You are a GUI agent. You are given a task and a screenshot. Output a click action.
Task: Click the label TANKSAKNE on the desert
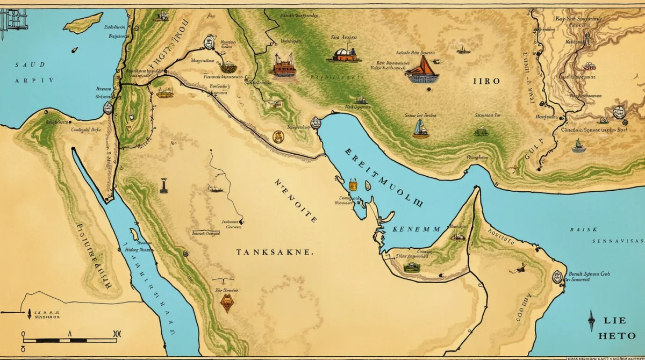273,252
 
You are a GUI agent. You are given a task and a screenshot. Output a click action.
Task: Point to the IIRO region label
486,81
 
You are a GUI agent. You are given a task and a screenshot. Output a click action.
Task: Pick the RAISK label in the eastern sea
583,229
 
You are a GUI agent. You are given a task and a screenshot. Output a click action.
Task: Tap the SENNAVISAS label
617,241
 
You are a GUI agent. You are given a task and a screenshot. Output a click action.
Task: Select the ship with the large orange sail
422,70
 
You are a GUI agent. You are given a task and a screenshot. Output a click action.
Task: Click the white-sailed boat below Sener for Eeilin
420,129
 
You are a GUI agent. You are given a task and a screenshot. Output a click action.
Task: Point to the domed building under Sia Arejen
345,54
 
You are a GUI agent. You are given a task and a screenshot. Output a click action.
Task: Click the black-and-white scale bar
70,340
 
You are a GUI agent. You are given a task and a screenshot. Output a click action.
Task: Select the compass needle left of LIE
591,320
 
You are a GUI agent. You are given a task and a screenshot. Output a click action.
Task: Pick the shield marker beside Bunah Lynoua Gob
557,277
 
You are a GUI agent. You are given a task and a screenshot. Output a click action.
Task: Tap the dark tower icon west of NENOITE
163,185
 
